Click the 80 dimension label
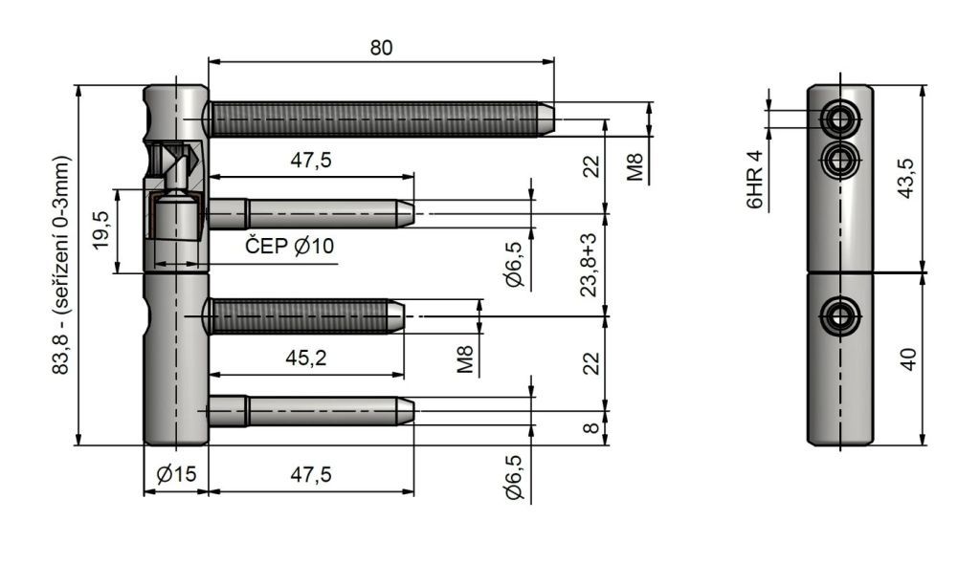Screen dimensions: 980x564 point(381,48)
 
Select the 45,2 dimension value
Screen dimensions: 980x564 point(306,358)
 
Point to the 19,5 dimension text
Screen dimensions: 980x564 point(100,229)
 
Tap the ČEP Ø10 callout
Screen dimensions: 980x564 point(289,246)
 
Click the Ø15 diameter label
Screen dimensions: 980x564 point(176,475)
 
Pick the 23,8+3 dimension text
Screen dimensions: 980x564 point(589,265)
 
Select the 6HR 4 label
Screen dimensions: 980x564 point(755,180)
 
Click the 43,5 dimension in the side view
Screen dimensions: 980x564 point(906,179)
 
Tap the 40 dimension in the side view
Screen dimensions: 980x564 point(908,359)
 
